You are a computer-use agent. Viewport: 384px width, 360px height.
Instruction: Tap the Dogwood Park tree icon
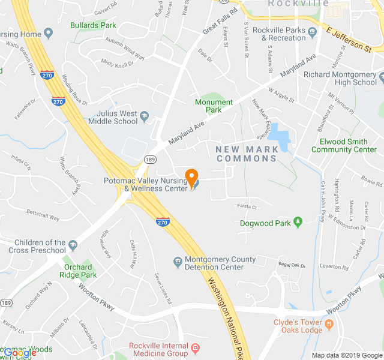(x=297, y=223)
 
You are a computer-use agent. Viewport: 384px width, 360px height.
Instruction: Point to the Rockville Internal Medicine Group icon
(x=195, y=347)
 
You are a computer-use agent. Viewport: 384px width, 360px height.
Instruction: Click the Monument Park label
(x=214, y=106)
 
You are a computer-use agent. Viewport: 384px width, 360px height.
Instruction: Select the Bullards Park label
(x=93, y=26)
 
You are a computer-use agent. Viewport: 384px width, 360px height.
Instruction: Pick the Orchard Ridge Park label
(x=78, y=271)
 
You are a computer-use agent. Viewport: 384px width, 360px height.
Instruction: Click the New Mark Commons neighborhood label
(x=246, y=154)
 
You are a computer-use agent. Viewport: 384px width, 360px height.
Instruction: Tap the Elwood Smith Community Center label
(x=344, y=146)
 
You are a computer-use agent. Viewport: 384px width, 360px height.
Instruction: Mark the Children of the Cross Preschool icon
(x=73, y=245)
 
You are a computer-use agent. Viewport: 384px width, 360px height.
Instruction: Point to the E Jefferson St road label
(x=349, y=38)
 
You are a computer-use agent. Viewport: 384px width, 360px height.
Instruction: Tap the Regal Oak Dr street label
(x=292, y=265)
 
